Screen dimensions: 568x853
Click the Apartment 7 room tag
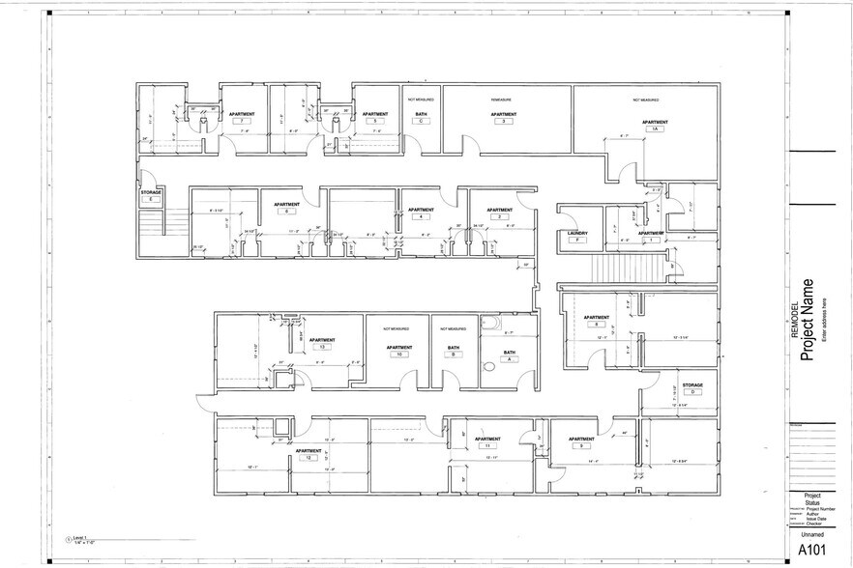point(242,117)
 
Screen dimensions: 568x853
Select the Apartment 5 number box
point(374,122)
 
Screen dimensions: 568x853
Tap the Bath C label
point(422,117)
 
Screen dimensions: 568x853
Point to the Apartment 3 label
point(503,117)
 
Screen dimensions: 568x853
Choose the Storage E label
point(150,195)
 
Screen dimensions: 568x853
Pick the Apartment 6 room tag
point(286,208)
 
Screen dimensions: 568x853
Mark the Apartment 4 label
point(421,213)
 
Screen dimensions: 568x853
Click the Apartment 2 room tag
point(500,213)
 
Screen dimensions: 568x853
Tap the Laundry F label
point(577,236)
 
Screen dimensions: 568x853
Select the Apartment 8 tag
point(597,322)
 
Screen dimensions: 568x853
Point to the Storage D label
point(692,388)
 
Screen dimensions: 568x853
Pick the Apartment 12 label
point(309,454)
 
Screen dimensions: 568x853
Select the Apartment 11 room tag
point(487,442)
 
